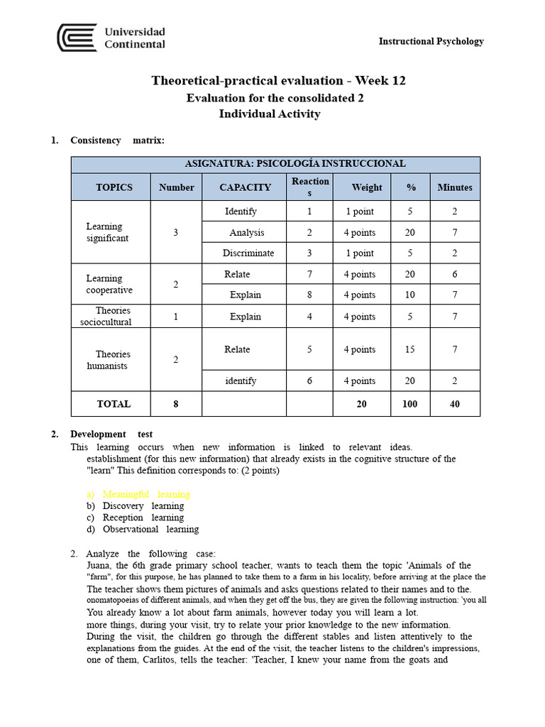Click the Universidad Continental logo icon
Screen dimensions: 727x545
[77, 38]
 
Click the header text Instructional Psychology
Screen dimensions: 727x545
[431, 41]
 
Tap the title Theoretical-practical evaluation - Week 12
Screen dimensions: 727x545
[278, 80]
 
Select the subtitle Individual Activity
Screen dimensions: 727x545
[269, 114]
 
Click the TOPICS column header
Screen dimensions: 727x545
[114, 187]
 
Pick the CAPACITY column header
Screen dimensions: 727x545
[245, 187]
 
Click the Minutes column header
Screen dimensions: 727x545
[454, 187]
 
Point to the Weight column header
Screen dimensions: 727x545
[366, 187]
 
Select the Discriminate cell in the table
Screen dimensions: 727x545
[248, 253]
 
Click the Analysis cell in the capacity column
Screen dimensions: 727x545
[246, 232]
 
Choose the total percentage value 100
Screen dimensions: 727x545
[409, 403]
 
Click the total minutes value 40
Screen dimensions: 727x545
[454, 403]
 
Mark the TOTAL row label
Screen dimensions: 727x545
[114, 403]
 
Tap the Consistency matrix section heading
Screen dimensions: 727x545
[117, 140]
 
